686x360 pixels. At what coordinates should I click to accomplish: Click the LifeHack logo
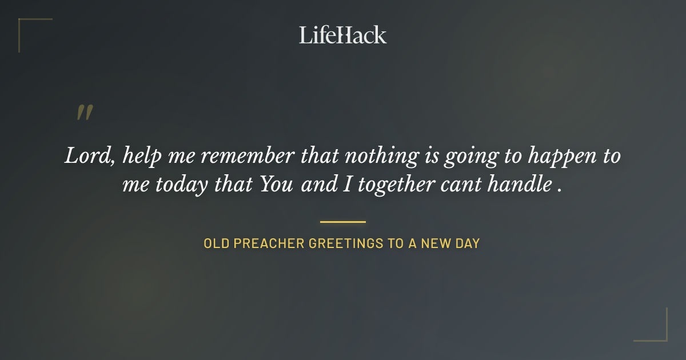(343, 35)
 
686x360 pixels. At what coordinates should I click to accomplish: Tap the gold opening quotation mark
(85, 113)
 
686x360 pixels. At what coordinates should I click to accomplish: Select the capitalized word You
(277, 184)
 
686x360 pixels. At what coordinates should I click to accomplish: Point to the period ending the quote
(559, 190)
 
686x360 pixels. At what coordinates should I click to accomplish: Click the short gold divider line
(343, 222)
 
